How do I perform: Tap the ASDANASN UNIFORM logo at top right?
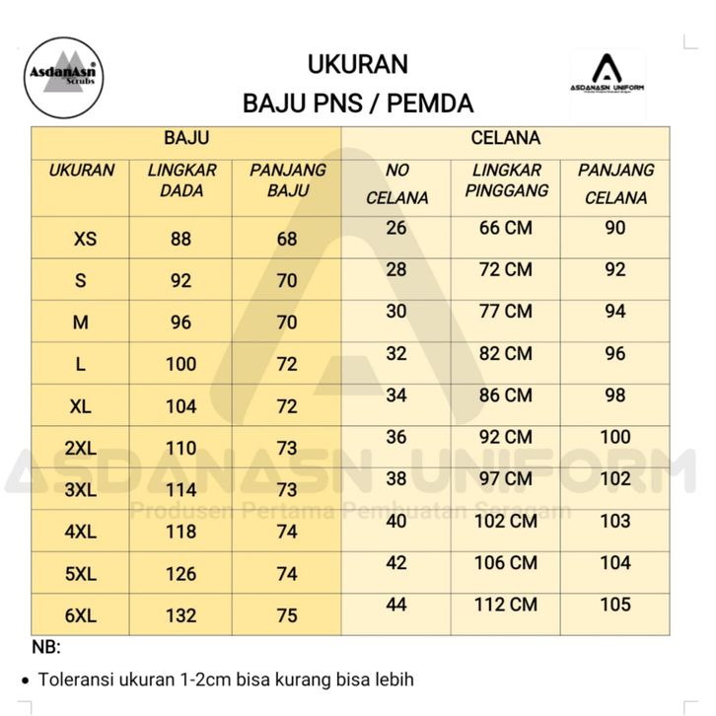pyautogui.click(x=608, y=77)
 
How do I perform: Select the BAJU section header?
pyautogui.click(x=185, y=139)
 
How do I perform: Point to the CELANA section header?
pyautogui.click(x=505, y=139)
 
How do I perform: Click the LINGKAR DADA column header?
pyautogui.click(x=181, y=179)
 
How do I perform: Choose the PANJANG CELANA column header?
pyautogui.click(x=615, y=183)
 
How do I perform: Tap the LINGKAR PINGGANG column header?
pyautogui.click(x=506, y=179)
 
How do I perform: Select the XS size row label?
pyautogui.click(x=85, y=239)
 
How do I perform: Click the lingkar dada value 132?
pyautogui.click(x=181, y=615)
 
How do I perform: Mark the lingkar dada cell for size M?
pyautogui.click(x=180, y=322)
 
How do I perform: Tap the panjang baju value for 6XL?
pyautogui.click(x=287, y=615)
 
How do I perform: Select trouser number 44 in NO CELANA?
pyautogui.click(x=396, y=605)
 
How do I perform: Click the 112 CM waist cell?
pyautogui.click(x=506, y=605)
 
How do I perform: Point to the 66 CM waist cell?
pyautogui.click(x=505, y=228)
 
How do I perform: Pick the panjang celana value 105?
pyautogui.click(x=615, y=605)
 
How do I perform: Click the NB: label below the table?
pyautogui.click(x=45, y=648)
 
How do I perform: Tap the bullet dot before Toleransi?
pyautogui.click(x=25, y=680)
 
